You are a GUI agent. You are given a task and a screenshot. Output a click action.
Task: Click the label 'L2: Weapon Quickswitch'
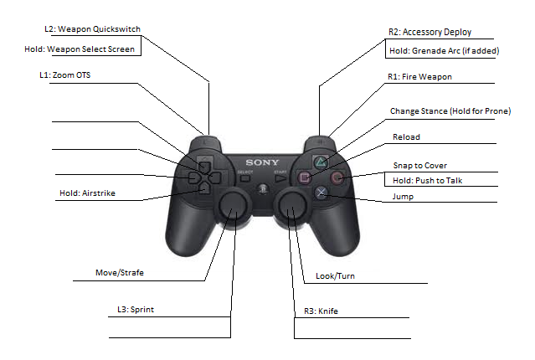pyautogui.click(x=92, y=29)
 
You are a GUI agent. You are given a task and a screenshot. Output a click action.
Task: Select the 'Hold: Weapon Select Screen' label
pyautogui.click(x=80, y=49)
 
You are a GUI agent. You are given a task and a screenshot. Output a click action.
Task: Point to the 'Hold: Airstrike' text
pyautogui.click(x=87, y=193)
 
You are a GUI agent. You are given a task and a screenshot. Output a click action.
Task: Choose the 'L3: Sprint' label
pyautogui.click(x=135, y=310)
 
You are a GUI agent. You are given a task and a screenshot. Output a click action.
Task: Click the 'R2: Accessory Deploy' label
pyautogui.click(x=430, y=33)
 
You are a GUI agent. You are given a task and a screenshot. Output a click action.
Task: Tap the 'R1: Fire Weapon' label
pyautogui.click(x=420, y=77)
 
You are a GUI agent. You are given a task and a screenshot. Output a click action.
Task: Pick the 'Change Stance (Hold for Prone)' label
pyautogui.click(x=450, y=111)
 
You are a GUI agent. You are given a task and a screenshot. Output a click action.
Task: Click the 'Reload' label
pyautogui.click(x=406, y=136)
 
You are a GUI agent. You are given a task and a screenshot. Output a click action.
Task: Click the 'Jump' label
pyautogui.click(x=403, y=197)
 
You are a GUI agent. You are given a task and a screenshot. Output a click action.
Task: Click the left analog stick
pyautogui.click(x=234, y=206)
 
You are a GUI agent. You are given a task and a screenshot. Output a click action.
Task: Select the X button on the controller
pyautogui.click(x=321, y=193)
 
